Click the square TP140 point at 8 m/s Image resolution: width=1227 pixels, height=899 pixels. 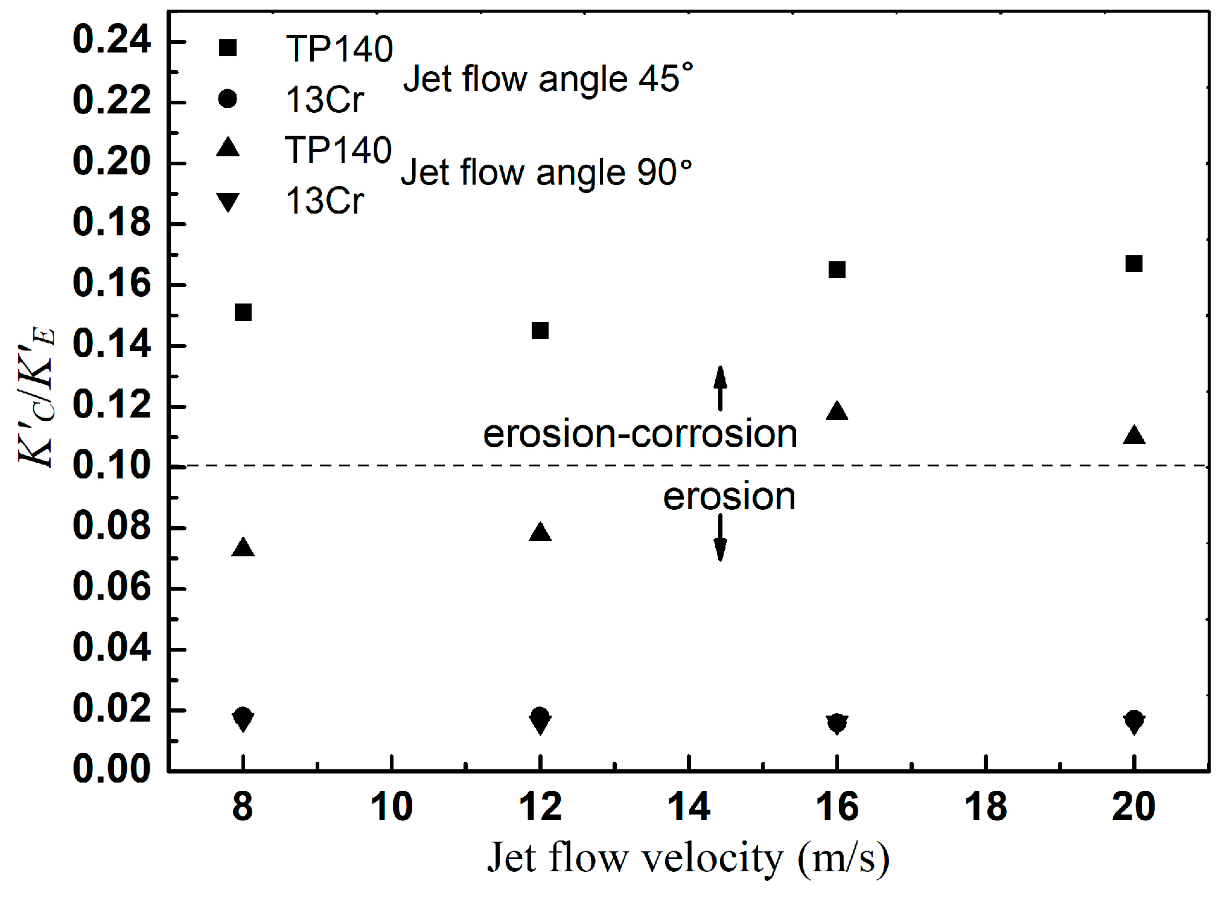point(243,313)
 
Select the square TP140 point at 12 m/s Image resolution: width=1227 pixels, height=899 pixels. point(540,331)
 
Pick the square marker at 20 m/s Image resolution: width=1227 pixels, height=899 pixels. point(1133,264)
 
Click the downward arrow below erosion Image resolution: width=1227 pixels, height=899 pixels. point(719,538)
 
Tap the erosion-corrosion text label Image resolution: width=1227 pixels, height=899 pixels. point(640,434)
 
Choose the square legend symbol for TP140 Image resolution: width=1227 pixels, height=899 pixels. point(228,48)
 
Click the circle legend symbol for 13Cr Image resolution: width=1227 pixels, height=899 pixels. point(228,98)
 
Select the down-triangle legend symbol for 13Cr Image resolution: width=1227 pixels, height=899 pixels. point(228,202)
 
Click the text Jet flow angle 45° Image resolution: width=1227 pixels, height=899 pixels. point(547,79)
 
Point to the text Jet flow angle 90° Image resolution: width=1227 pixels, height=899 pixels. point(546,173)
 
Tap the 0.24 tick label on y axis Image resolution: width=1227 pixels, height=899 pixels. point(112,40)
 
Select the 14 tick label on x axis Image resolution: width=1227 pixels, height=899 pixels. point(689,807)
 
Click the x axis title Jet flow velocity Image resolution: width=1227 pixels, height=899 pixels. point(688,857)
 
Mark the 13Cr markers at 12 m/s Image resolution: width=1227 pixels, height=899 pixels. point(540,720)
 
